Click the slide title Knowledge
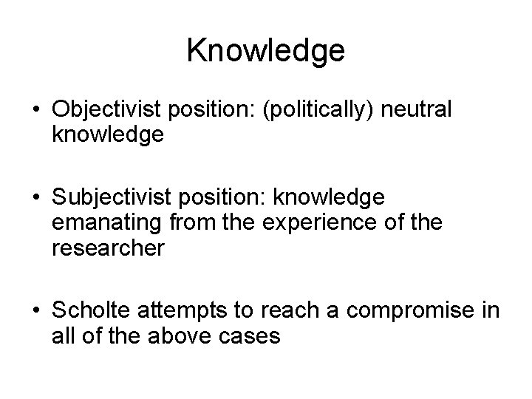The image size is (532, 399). (x=266, y=51)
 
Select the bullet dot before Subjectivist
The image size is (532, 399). (x=38, y=198)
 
